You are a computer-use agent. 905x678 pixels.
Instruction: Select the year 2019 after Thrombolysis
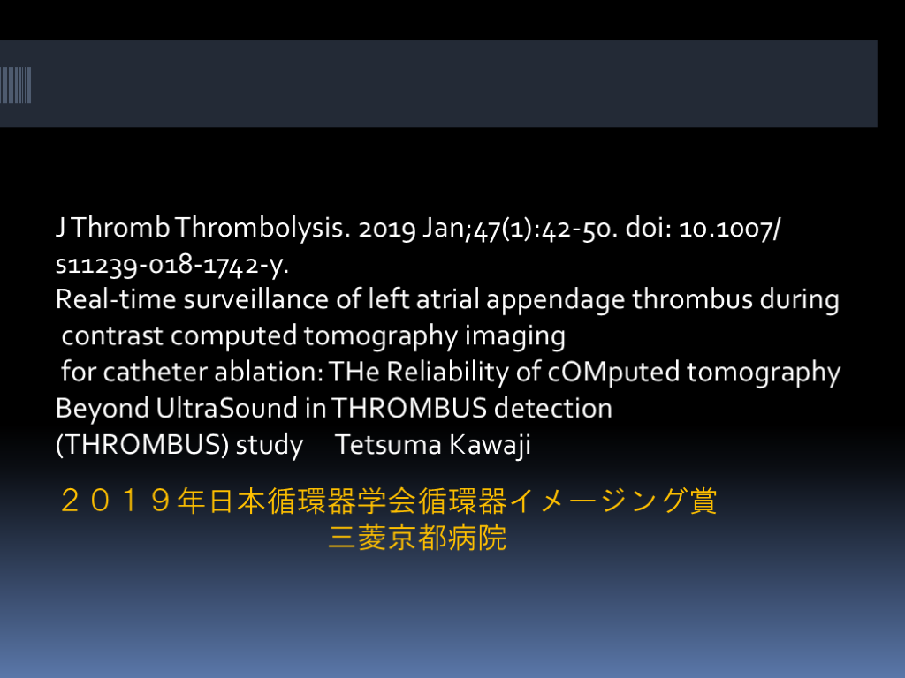coord(387,229)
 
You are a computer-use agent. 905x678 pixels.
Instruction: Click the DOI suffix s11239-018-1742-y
coord(172,265)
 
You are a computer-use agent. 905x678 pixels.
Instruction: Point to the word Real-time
coord(116,299)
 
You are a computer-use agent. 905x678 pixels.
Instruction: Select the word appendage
coord(555,300)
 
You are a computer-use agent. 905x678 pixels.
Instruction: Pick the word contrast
coord(112,336)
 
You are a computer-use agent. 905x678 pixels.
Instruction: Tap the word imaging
coord(515,336)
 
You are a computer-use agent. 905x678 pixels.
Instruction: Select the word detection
coord(553,408)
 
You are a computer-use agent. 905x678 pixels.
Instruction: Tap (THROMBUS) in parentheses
coord(142,445)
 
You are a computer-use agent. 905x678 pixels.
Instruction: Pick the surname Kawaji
coord(490,445)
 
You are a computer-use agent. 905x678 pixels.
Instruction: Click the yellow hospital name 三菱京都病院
coord(417,538)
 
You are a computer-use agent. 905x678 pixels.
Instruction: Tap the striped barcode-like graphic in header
coord(16,86)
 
